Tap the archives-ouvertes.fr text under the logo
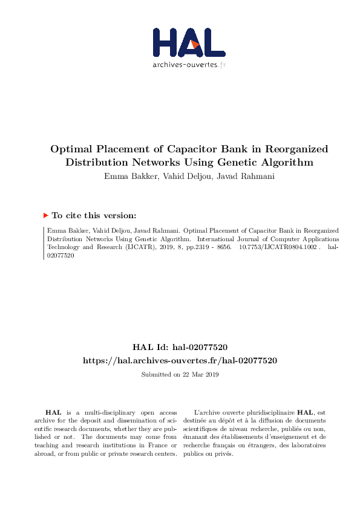click(189, 65)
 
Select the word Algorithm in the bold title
click(285, 162)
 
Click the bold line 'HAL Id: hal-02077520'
click(180, 347)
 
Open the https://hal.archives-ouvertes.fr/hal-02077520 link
click(180, 360)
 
